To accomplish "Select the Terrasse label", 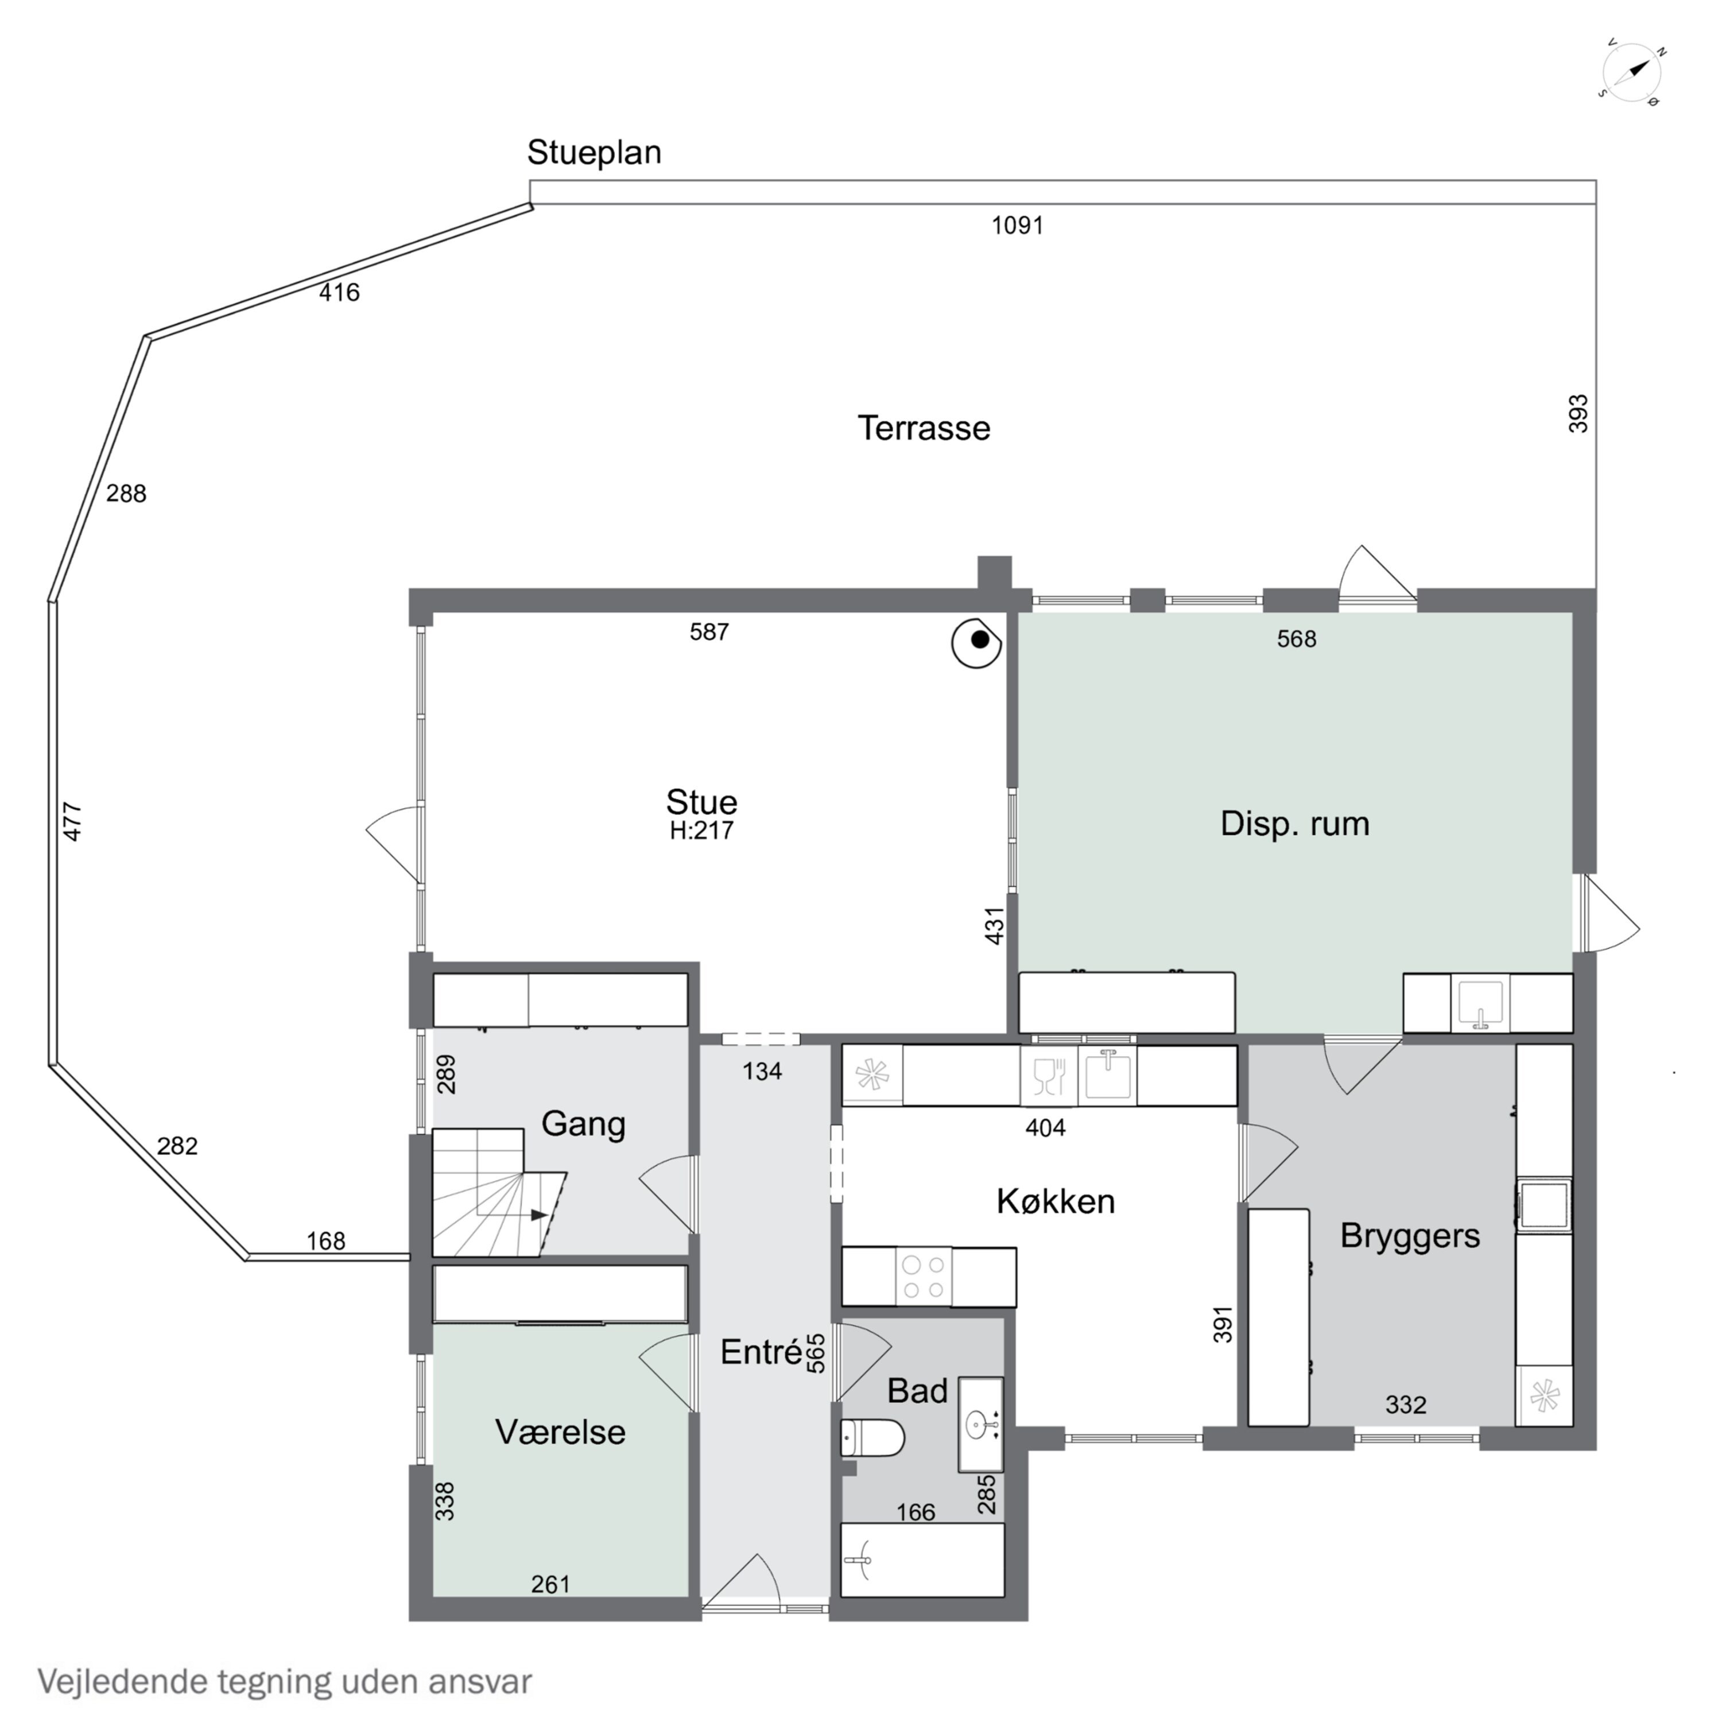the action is (x=924, y=428).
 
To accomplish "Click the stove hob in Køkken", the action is (x=924, y=1277).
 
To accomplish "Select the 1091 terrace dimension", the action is (x=1017, y=226).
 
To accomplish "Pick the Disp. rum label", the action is (x=1294, y=824).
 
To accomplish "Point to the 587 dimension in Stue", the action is (x=709, y=632).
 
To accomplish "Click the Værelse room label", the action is (x=560, y=1432).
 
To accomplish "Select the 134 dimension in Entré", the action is (x=762, y=1071).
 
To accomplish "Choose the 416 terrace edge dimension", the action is (x=340, y=292).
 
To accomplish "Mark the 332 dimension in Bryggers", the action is (x=1406, y=1405).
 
